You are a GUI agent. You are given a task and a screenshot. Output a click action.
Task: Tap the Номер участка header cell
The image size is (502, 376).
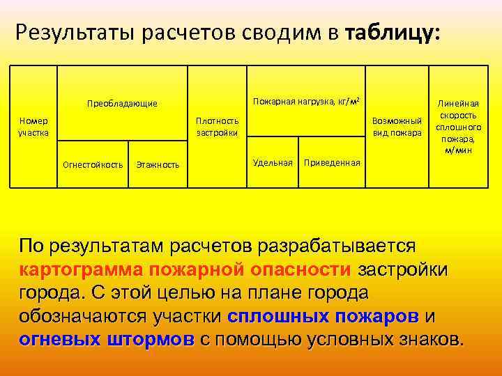pos(33,127)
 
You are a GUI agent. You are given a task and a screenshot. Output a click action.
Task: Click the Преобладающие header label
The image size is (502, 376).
pos(122,104)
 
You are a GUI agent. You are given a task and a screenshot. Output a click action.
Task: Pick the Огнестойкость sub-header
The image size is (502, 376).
pos(93,165)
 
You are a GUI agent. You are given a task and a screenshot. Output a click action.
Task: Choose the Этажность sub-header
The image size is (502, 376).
pos(158,165)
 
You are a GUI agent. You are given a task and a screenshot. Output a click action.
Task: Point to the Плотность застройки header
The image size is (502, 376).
pos(218,127)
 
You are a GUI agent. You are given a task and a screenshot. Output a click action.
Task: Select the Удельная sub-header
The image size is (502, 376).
pos(273,162)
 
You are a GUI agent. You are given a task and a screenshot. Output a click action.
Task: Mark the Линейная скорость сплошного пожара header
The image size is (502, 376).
pos(458,127)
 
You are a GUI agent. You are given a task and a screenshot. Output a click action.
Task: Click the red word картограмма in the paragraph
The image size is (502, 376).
pos(94,269)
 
